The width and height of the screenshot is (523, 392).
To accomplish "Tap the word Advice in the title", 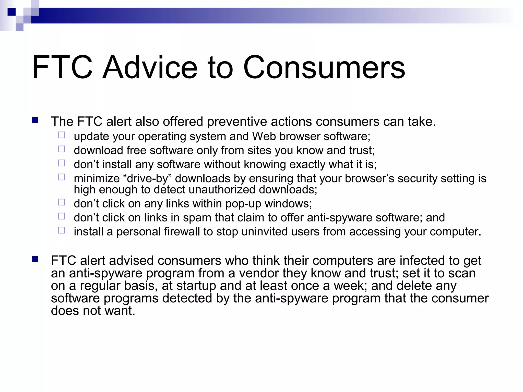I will click(x=150, y=68).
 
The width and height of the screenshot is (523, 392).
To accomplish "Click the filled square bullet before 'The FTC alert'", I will click(x=35, y=120).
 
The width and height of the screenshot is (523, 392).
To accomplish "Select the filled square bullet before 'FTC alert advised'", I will click(x=35, y=260).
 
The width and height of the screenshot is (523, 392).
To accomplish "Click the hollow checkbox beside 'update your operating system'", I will click(x=62, y=135).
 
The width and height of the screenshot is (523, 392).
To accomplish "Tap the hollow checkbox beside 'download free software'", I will click(x=62, y=149).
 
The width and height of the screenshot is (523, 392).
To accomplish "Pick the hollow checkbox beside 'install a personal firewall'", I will click(x=62, y=230).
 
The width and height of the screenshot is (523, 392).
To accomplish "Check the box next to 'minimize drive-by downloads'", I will click(x=62, y=177).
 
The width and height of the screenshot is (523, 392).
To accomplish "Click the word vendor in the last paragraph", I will click(x=256, y=273).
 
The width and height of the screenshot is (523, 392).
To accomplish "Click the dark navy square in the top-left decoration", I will click(x=11, y=12).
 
